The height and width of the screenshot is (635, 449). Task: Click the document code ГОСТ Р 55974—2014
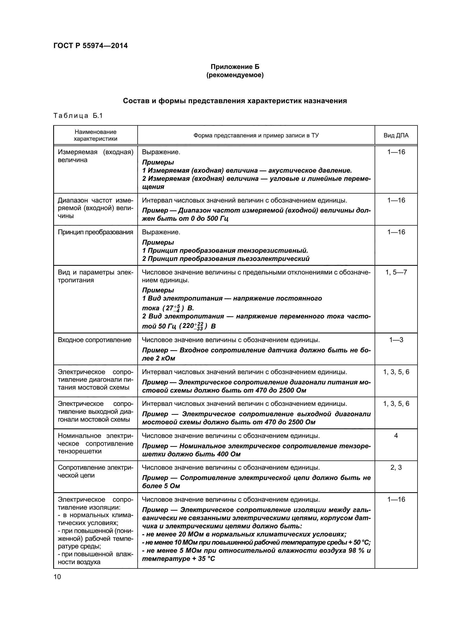pyautogui.click(x=90, y=46)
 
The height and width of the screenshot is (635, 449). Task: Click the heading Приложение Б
pyautogui.click(x=235, y=67)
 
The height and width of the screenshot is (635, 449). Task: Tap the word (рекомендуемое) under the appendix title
pyautogui.click(x=235, y=75)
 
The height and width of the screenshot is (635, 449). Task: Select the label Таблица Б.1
pyautogui.click(x=78, y=116)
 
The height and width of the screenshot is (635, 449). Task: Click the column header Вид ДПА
pyautogui.click(x=396, y=135)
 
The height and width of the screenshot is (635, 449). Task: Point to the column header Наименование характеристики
pyautogui.click(x=95, y=135)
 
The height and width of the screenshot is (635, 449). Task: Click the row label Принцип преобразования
pyautogui.click(x=95, y=232)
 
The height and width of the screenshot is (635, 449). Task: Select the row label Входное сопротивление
pyautogui.click(x=94, y=340)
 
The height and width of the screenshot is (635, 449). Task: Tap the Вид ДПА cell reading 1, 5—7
pyautogui.click(x=396, y=272)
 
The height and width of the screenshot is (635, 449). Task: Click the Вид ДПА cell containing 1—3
pyautogui.click(x=396, y=340)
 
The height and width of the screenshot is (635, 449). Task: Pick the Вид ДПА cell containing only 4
pyautogui.click(x=396, y=435)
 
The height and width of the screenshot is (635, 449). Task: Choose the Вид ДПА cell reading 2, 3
pyautogui.click(x=396, y=467)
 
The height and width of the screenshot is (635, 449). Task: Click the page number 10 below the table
pyautogui.click(x=57, y=577)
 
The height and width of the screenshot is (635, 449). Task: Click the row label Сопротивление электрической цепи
pyautogui.click(x=95, y=471)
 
